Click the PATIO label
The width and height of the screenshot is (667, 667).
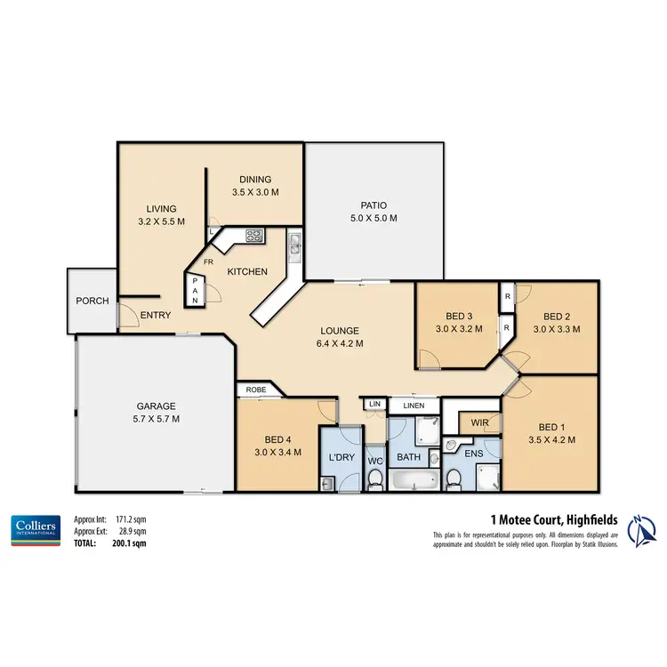[373, 205]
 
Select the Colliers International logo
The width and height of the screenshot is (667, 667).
[35, 528]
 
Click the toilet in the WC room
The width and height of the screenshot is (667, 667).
[375, 480]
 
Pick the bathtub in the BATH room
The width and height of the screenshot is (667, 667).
[414, 481]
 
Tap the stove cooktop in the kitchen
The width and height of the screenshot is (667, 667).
[254, 236]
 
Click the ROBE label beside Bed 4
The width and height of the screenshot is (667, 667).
[255, 390]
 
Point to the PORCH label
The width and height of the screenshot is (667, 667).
[92, 301]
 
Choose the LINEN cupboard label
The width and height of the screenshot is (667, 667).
[414, 406]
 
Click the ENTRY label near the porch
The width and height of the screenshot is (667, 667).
[156, 315]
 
